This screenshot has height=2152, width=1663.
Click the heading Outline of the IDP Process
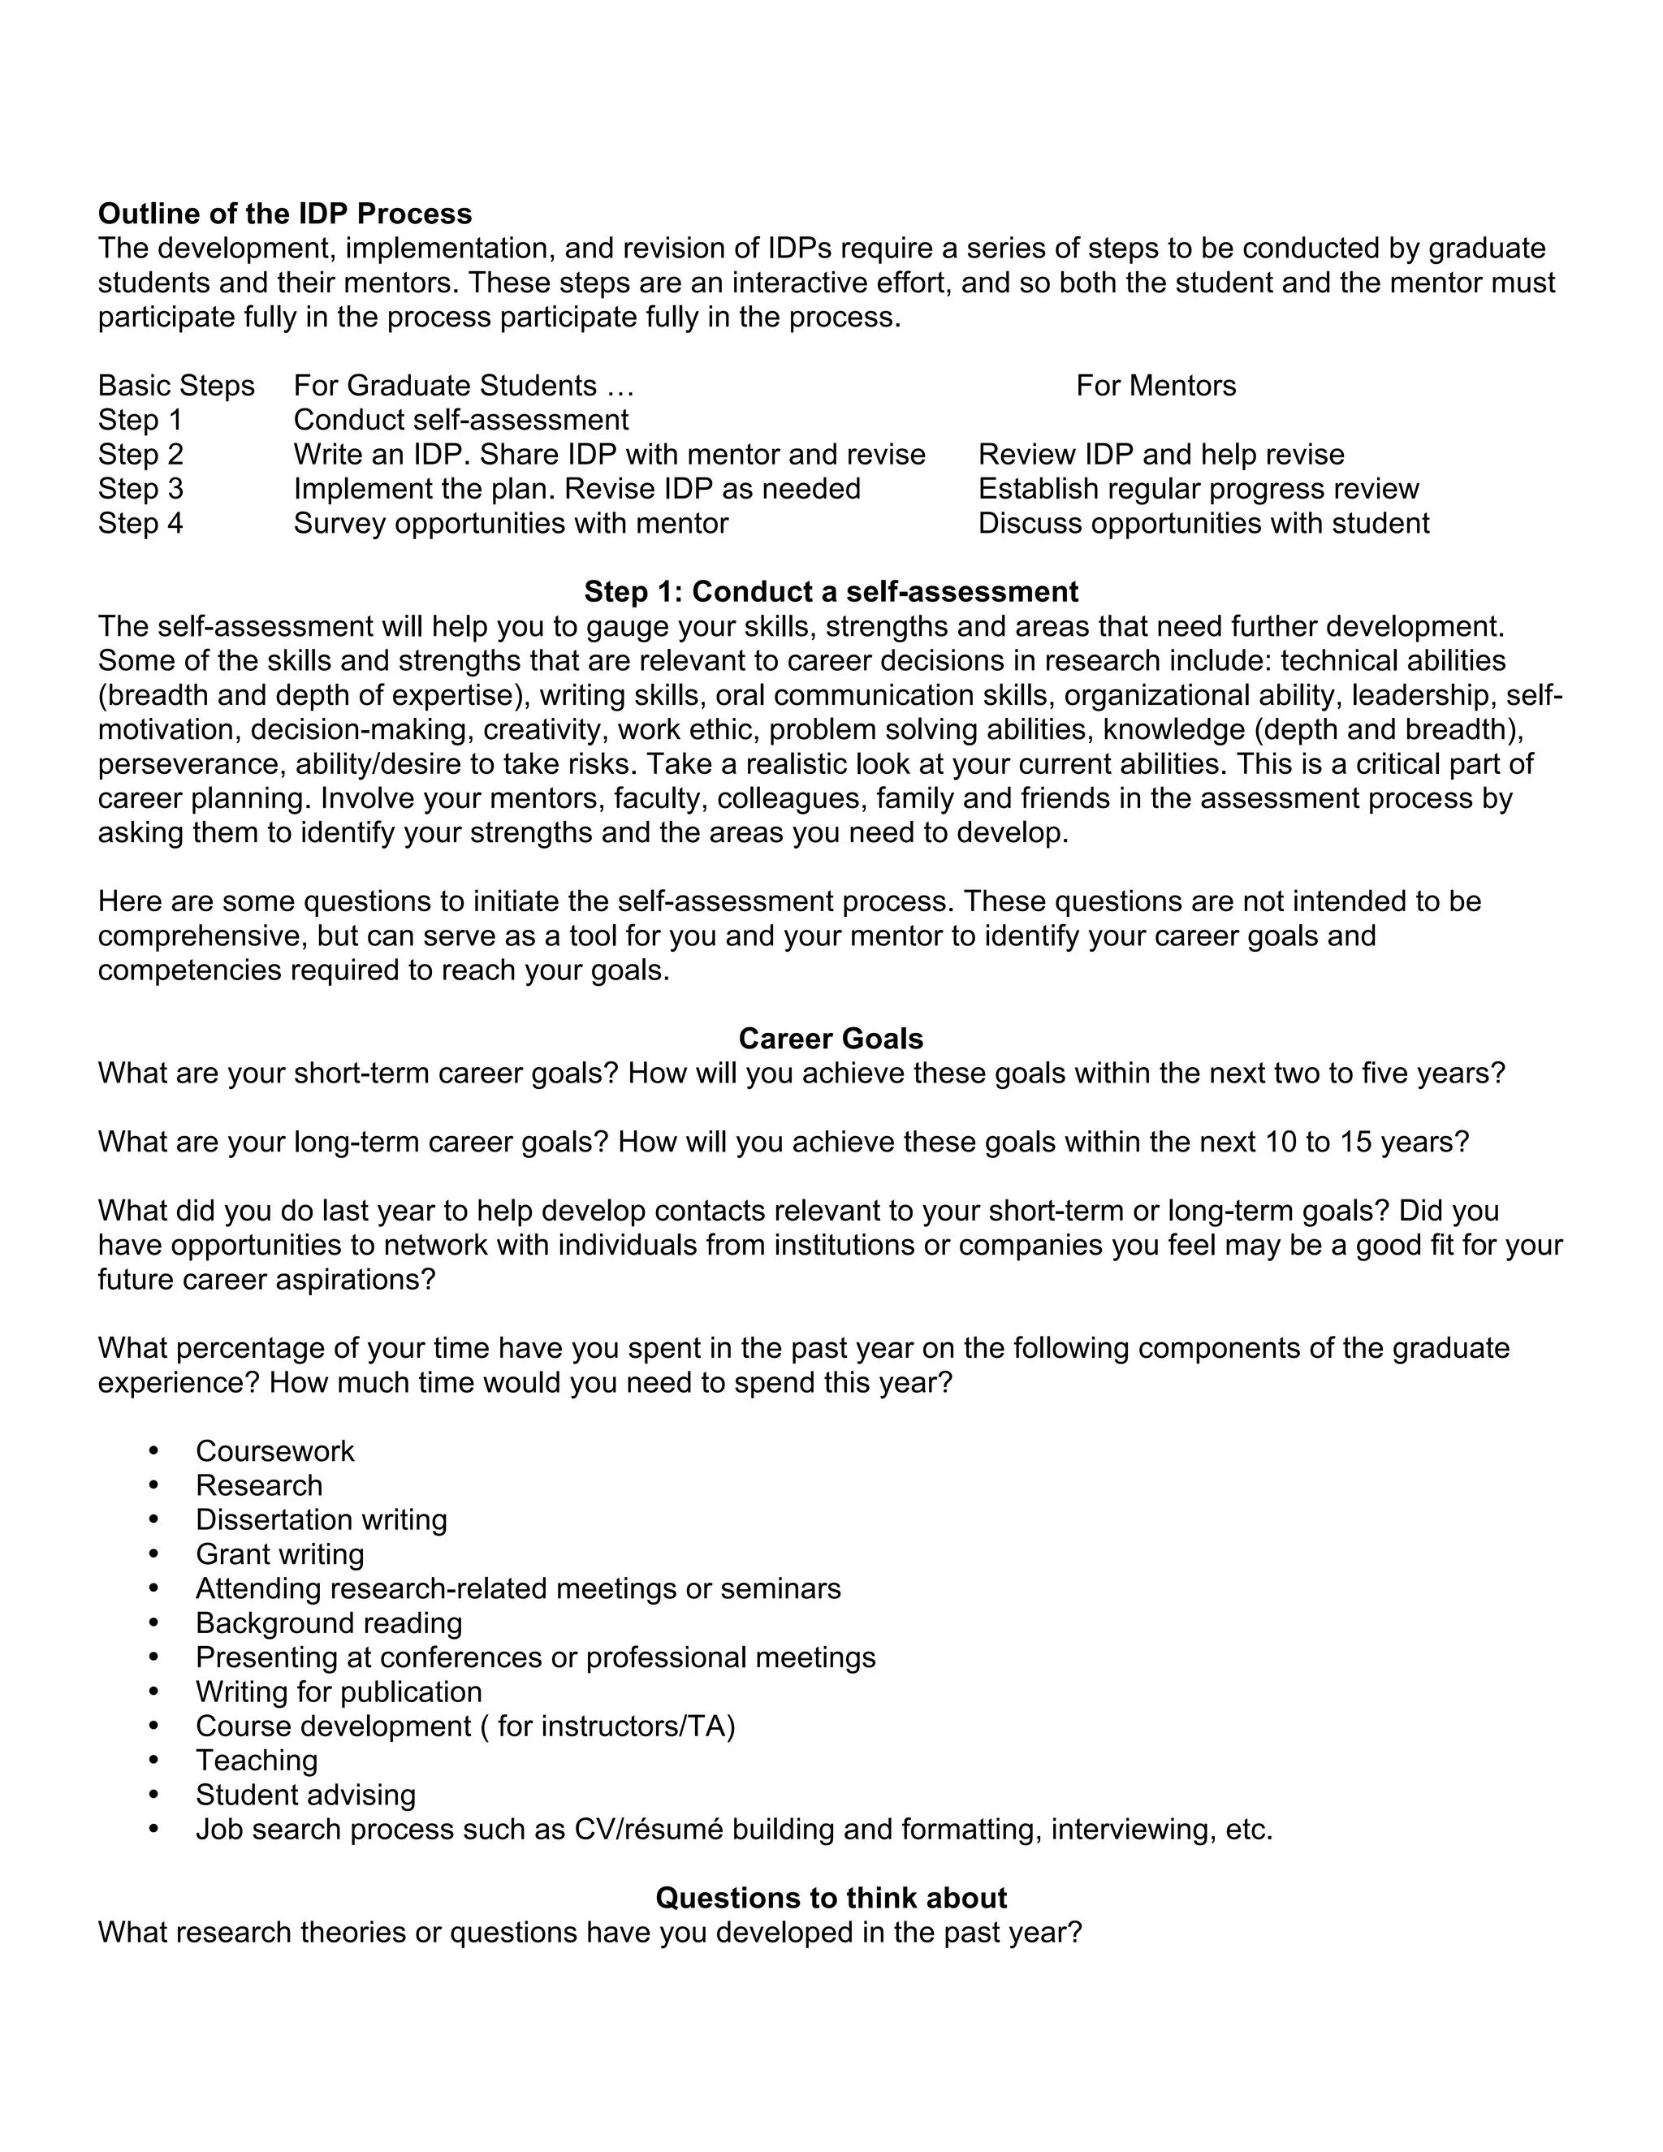285,214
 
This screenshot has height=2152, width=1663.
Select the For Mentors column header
1155,385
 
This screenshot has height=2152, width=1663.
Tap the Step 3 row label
140,489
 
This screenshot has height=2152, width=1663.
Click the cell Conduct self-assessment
460,420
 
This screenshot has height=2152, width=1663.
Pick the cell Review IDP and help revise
1160,454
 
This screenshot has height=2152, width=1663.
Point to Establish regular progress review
1198,489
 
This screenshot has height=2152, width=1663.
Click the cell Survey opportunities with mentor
510,523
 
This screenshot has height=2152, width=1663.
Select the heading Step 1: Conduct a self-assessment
831,591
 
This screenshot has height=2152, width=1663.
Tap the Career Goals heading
831,1039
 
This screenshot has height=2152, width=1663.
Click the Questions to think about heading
831,1898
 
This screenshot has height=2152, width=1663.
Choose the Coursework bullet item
275,1450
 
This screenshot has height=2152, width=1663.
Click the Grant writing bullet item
280,1554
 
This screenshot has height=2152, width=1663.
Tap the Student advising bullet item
305,1795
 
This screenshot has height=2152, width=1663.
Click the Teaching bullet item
256,1760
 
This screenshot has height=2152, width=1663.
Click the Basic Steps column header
176,385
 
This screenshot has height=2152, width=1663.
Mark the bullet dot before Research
153,1485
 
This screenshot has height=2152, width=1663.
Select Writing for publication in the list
339,1692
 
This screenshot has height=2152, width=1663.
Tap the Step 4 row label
140,523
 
